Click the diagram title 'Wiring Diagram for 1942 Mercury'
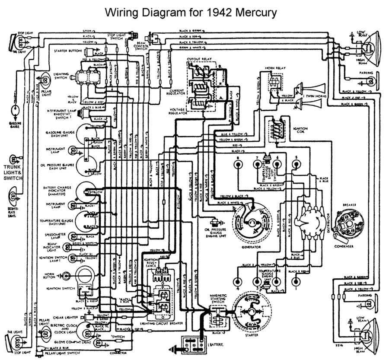coord(191,12)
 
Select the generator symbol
coord(251,222)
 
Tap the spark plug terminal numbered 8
coord(237,164)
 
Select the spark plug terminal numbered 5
coord(296,164)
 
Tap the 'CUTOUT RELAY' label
coord(198,58)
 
